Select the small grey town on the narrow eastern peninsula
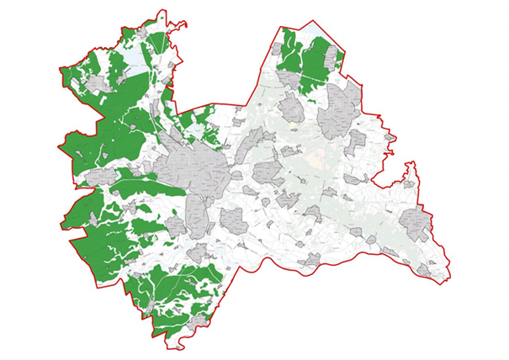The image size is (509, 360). click(410, 182)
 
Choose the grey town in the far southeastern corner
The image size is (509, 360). click(425, 270)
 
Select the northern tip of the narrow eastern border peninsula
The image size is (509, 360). click(411, 162)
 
